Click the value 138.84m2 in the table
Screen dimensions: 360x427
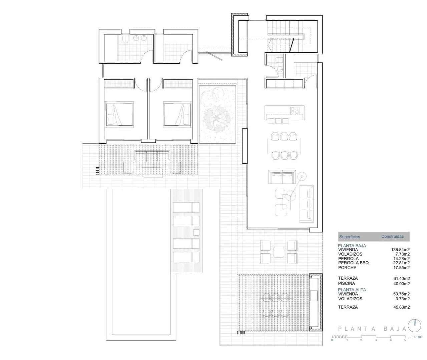pyautogui.click(x=400, y=249)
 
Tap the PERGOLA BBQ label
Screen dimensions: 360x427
pyautogui.click(x=353, y=263)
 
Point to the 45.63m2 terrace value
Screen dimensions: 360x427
pyautogui.click(x=401, y=307)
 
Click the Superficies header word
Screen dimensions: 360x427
pyautogui.click(x=349, y=237)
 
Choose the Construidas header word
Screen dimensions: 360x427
pyautogui.click(x=392, y=236)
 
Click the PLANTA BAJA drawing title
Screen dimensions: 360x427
pyautogui.click(x=372, y=329)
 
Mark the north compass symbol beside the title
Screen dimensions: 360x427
pyautogui.click(x=415, y=325)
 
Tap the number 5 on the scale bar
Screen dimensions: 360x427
pyautogui.click(x=405, y=340)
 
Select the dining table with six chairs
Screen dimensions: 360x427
pyautogui.click(x=284, y=145)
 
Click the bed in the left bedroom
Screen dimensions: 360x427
pyautogui.click(x=119, y=115)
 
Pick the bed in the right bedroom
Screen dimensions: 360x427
pyautogui.click(x=177, y=115)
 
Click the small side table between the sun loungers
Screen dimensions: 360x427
pyautogui.click(x=196, y=232)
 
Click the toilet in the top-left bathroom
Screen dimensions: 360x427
pyautogui.click(x=125, y=40)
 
